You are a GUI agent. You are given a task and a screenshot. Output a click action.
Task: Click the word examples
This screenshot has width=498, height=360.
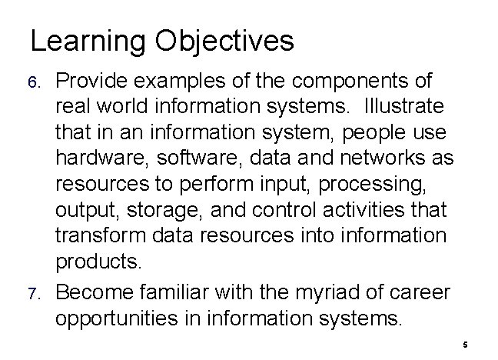tap(181, 81)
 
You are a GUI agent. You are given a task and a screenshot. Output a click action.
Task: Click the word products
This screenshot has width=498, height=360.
tap(98, 262)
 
